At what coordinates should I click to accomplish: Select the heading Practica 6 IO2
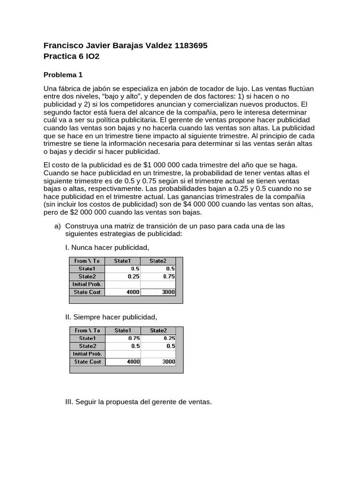point(71,56)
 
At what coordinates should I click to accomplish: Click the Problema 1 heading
point(63,75)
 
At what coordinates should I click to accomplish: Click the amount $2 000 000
point(89,212)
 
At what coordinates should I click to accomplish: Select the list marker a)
point(58,226)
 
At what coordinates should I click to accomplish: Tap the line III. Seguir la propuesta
point(138,402)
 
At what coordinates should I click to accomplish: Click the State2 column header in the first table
point(158,261)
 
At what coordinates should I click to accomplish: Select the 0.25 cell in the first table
point(123,277)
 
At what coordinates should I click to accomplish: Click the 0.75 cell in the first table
point(158,277)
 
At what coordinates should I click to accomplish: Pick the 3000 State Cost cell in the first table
point(158,292)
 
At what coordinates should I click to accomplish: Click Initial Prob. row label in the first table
point(87,284)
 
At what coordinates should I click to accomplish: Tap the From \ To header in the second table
point(87,330)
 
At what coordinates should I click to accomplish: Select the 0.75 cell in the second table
point(123,338)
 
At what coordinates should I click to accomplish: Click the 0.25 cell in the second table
point(158,338)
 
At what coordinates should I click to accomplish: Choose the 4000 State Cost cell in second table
point(123,361)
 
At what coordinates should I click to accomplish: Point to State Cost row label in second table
point(87,361)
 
